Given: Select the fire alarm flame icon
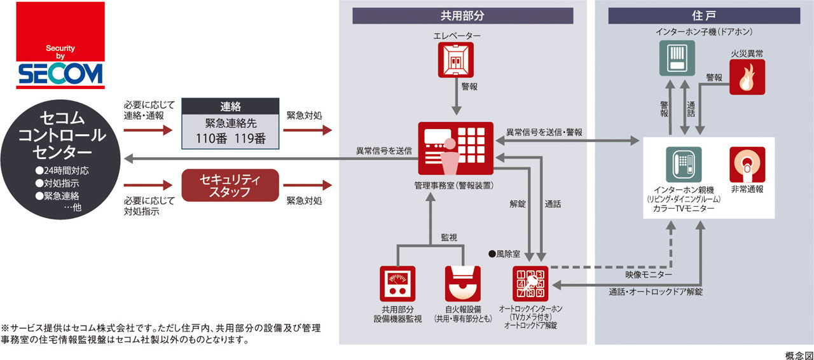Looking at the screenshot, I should tap(747, 78).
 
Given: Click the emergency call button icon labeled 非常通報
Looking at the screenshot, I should tap(747, 165).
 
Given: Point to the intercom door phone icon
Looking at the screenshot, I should tap(675, 59).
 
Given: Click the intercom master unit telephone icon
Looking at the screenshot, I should tap(683, 165).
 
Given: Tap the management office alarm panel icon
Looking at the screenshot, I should tap(456, 148).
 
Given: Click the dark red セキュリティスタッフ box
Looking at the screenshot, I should tap(231, 184).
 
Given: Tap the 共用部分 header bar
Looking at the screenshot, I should tap(463, 16).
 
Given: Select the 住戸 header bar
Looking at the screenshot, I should tap(704, 16).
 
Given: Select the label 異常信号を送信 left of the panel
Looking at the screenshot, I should tap(383, 151).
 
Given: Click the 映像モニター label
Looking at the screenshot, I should tap(648, 274).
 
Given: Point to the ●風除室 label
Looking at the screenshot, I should tap(504, 254).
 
